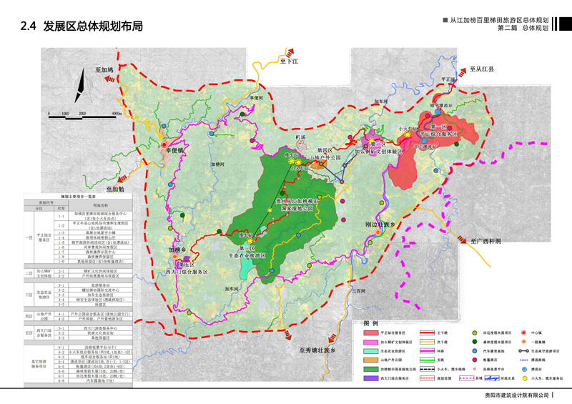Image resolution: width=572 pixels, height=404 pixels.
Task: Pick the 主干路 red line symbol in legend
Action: point(428,333)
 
